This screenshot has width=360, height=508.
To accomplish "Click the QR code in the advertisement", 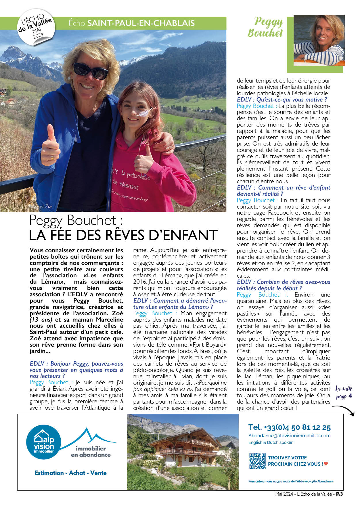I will [257, 461].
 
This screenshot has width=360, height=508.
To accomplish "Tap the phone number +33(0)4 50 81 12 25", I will [289, 427].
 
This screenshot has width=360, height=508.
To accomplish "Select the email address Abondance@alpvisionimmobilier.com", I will [289, 436].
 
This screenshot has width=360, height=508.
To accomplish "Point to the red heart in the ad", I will [326, 464].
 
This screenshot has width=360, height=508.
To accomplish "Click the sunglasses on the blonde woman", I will [91, 71].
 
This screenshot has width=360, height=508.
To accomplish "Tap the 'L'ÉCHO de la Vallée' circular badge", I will [35, 28].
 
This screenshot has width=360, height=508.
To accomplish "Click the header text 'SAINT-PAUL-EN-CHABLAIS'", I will [141, 23].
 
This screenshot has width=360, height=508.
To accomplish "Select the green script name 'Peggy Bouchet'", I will [266, 27].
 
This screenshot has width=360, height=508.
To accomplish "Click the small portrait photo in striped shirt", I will [319, 40].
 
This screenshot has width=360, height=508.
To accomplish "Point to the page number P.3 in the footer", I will [340, 494].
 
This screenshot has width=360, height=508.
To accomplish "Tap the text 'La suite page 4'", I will [344, 392].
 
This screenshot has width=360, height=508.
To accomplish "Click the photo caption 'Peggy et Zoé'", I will [41, 206].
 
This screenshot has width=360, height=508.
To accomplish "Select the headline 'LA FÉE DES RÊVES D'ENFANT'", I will [123, 235].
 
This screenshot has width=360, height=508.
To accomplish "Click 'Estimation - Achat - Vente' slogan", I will [70, 473].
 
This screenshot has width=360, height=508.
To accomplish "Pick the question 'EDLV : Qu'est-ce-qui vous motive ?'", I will [282, 100].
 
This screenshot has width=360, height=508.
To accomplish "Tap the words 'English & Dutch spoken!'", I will [271, 442].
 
